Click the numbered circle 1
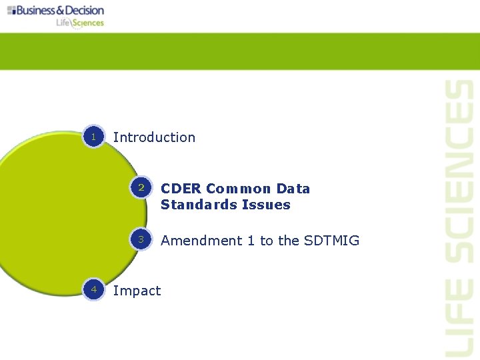(94, 137)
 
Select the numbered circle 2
(141, 188)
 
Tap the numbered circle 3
(141, 239)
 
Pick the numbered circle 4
(94, 290)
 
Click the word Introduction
(154, 137)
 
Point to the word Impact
(137, 291)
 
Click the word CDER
(181, 189)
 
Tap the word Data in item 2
(293, 189)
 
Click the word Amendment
(201, 241)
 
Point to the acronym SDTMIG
(331, 241)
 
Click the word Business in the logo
(37, 10)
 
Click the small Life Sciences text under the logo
(80, 23)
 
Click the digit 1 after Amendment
(251, 241)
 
